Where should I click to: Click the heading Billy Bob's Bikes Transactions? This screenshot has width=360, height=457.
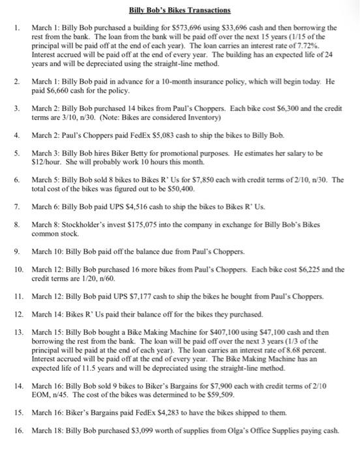(x=179, y=11)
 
